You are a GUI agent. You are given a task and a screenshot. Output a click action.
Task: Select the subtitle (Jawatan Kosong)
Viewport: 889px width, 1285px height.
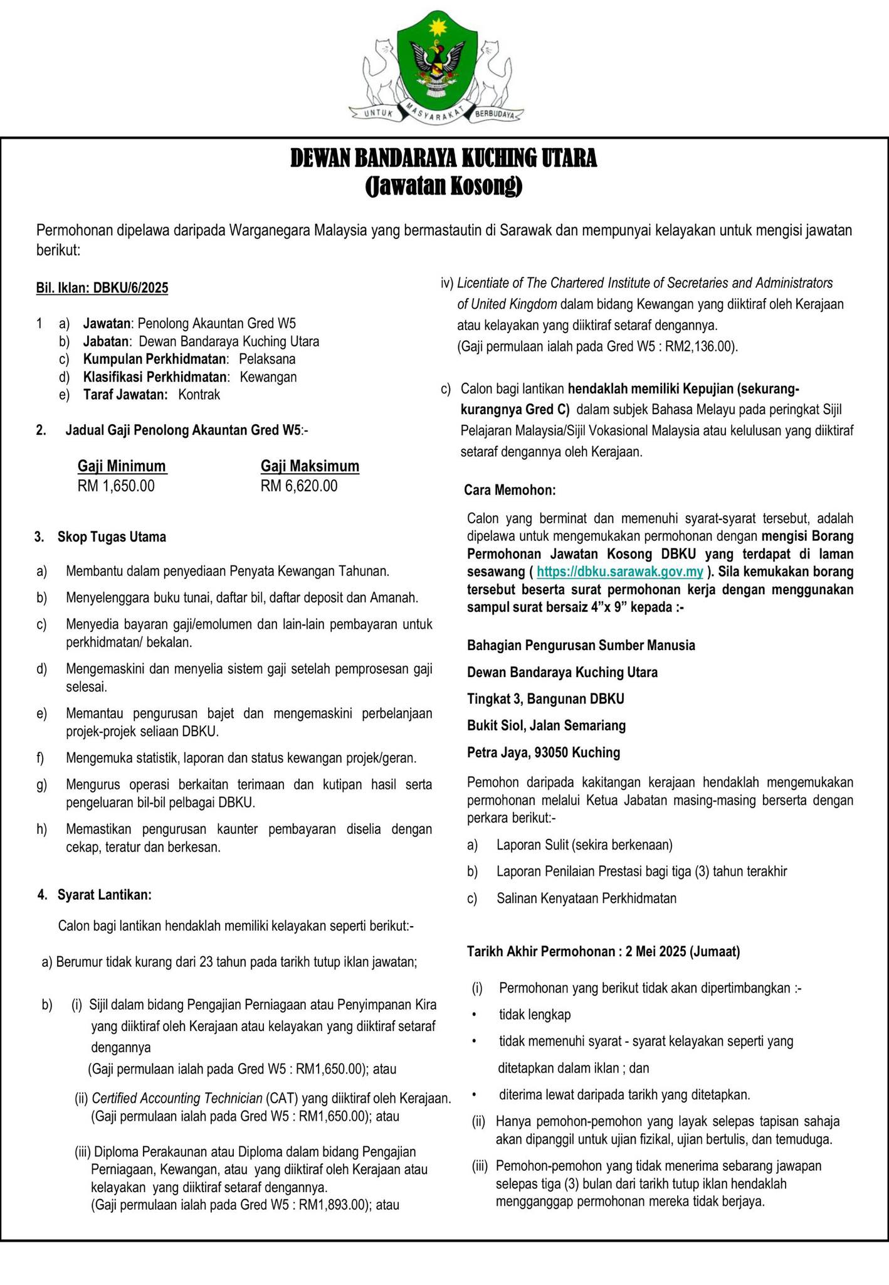443,186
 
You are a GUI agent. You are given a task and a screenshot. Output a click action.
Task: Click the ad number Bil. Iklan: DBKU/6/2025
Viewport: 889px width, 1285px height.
102,288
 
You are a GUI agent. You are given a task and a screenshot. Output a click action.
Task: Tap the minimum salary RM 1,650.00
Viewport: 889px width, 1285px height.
116,486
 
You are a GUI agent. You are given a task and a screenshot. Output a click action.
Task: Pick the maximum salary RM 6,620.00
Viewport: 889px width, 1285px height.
299,486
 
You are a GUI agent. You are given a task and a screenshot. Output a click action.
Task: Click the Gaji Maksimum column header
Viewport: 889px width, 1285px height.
310,466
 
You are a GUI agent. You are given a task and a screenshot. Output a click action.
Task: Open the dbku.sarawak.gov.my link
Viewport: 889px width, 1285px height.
620,572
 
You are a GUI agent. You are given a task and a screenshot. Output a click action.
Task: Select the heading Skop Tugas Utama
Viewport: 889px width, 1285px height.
112,537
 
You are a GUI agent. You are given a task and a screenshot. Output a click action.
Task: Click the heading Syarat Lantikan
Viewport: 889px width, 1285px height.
104,895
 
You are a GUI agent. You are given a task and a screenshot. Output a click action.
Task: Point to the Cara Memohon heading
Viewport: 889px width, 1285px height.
510,490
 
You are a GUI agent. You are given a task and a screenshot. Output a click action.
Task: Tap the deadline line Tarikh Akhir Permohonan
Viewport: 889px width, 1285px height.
603,951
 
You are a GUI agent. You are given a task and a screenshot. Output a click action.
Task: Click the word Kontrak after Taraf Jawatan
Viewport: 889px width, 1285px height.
199,395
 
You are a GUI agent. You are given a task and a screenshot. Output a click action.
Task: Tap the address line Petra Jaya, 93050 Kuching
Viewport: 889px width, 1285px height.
543,752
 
